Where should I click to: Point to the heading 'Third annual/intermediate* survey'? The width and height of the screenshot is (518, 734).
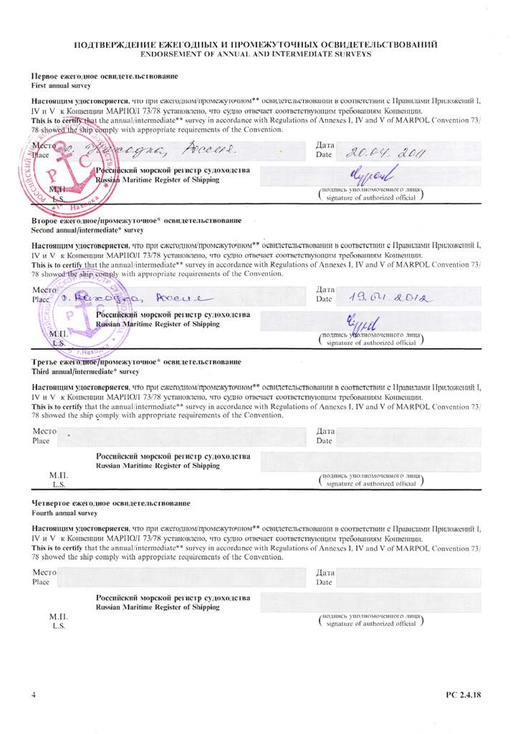pyautogui.click(x=85, y=373)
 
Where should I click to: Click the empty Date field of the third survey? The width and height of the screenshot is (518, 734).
pyautogui.click(x=408, y=437)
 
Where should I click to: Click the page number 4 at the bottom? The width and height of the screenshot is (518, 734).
pyautogui.click(x=34, y=695)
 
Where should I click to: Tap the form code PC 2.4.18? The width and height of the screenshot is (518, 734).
pyautogui.click(x=464, y=695)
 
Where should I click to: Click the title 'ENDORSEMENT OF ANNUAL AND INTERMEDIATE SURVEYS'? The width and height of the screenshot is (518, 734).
pyautogui.click(x=256, y=54)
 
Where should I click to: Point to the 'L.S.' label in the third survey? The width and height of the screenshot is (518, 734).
pyautogui.click(x=57, y=485)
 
